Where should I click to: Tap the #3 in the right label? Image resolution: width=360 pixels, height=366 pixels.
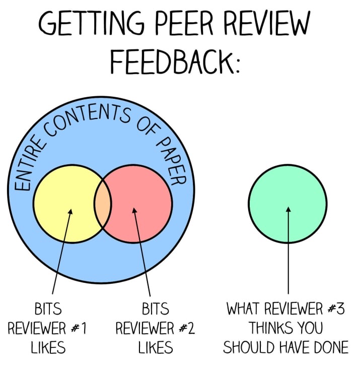tap(334, 309)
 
